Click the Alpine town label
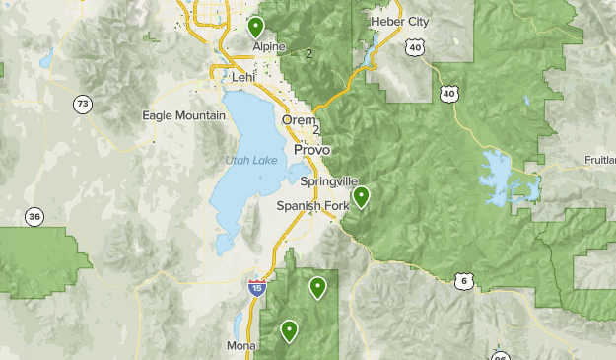coord(268,46)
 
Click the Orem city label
coord(299,120)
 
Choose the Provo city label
coord(311,149)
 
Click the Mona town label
coord(240,346)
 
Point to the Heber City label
coord(399,22)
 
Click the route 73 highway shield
coord(81,104)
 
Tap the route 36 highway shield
coord(34,217)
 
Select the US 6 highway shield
coord(463,282)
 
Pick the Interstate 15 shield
coord(256,288)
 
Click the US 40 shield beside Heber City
coord(415,46)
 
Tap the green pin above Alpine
coord(256,26)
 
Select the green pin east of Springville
coord(362,196)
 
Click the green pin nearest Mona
coord(289,330)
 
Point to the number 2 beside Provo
coord(316,130)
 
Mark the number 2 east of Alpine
coord(308,53)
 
